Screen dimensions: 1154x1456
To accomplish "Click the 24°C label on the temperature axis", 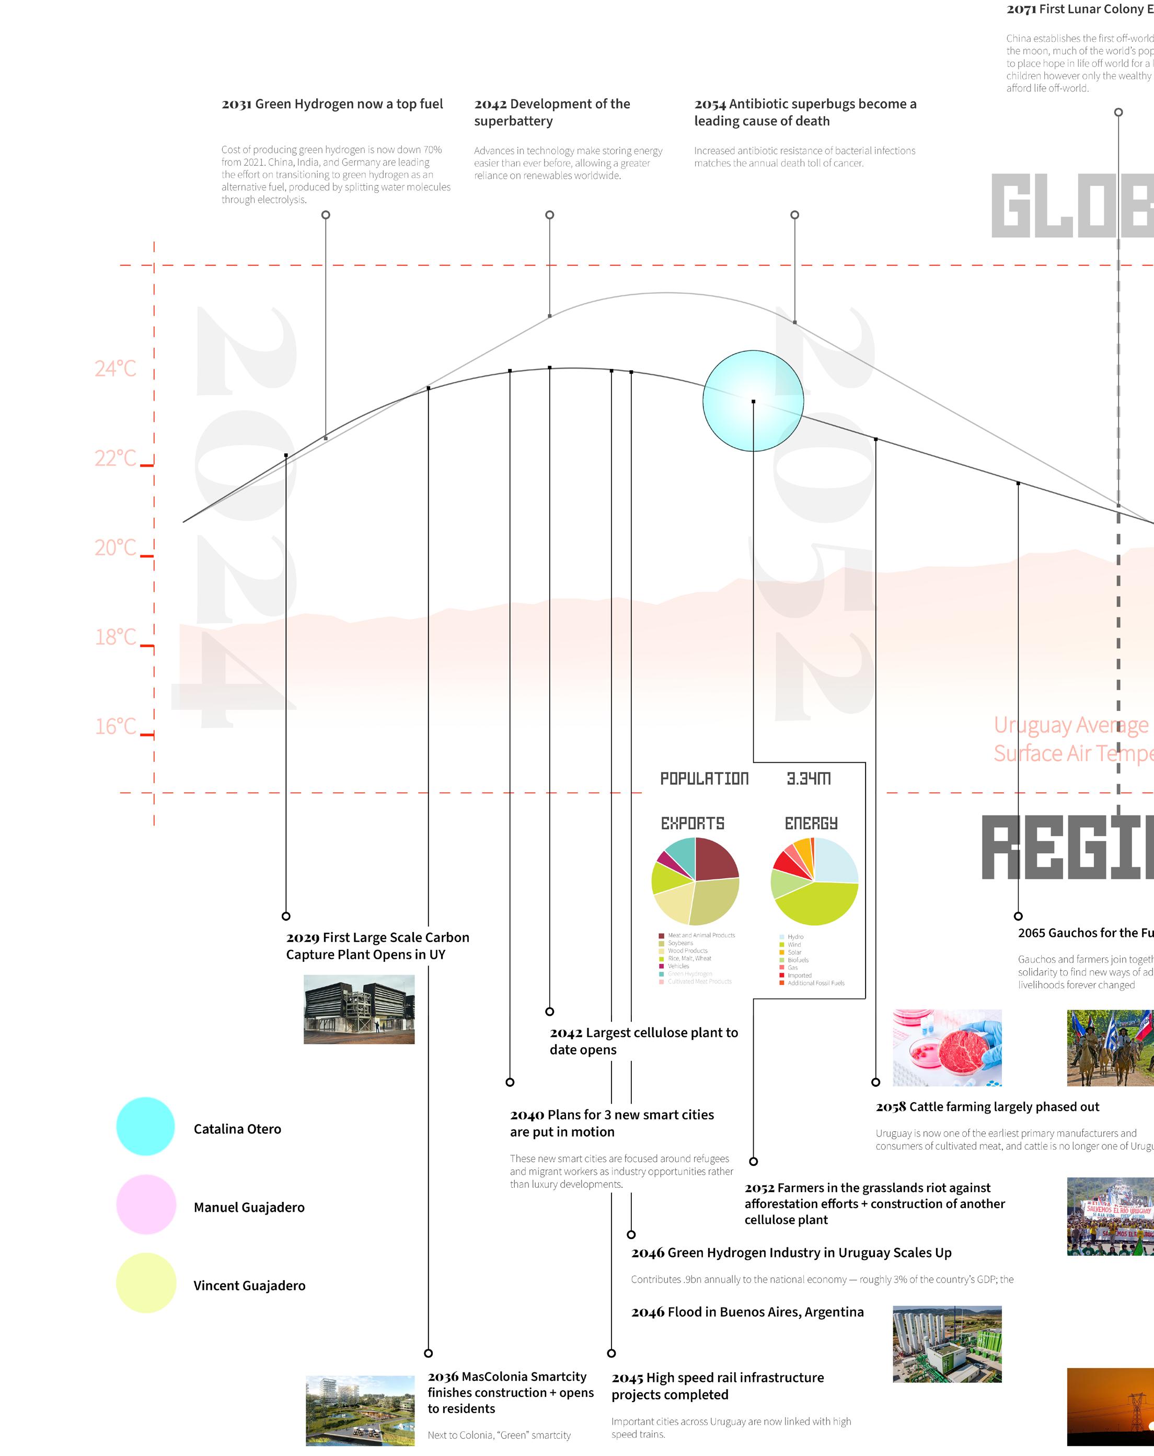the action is tap(115, 369).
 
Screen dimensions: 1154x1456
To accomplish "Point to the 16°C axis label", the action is tap(115, 727).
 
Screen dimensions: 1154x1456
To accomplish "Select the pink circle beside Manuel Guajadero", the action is tap(146, 1204).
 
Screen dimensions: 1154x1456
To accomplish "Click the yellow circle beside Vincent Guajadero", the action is tap(146, 1282).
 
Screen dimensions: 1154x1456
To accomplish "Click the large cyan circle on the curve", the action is tap(753, 400).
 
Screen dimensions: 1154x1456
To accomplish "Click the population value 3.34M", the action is tap(809, 778).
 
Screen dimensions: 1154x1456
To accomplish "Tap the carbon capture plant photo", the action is tap(359, 1009).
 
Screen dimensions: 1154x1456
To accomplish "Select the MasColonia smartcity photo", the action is tap(360, 1410).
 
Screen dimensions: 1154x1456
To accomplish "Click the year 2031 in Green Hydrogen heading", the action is tap(236, 104).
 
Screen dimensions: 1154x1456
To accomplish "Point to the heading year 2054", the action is tap(710, 104).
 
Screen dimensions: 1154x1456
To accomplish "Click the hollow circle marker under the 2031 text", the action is tap(326, 215).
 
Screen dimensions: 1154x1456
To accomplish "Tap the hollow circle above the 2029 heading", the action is tap(286, 916).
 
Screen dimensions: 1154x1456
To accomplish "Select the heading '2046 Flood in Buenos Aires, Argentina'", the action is tap(747, 1312).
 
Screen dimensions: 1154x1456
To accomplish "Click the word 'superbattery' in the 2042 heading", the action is tap(513, 122).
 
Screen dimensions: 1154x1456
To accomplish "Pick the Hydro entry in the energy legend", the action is tap(795, 937).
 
